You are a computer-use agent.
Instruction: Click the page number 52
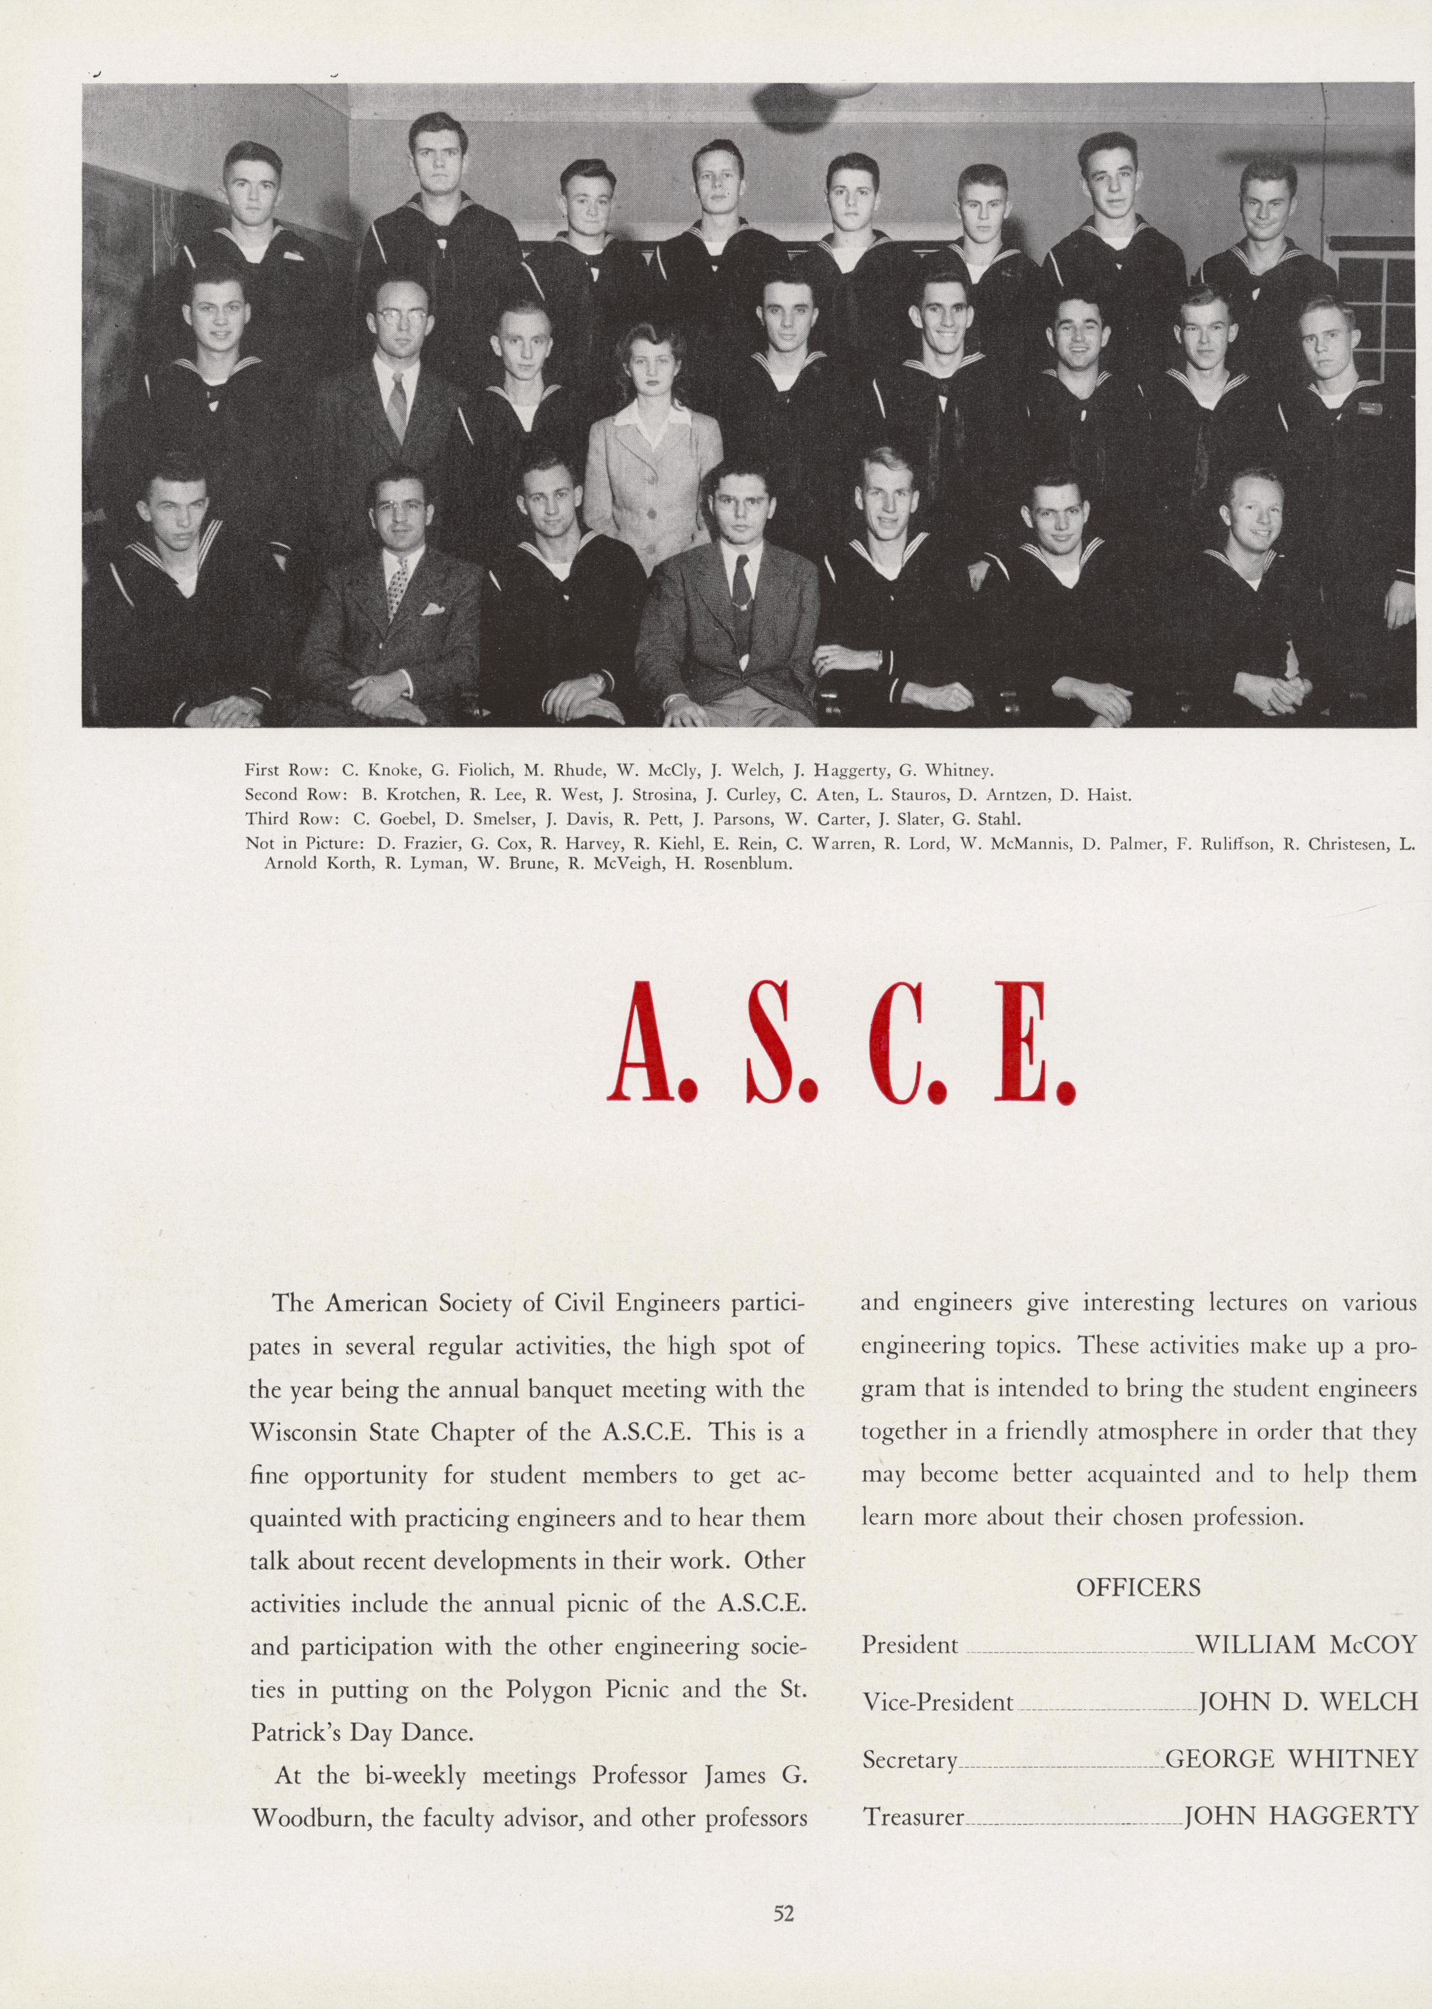click(783, 1912)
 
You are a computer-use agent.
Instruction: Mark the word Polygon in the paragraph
click(549, 1689)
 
